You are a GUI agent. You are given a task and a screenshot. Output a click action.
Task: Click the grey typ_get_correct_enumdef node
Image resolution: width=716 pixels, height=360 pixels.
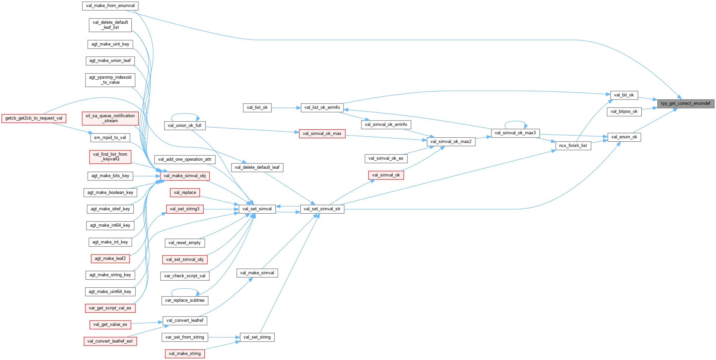pyautogui.click(x=685, y=103)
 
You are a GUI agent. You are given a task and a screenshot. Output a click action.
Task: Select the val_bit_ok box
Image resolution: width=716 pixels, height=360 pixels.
pyautogui.click(x=624, y=95)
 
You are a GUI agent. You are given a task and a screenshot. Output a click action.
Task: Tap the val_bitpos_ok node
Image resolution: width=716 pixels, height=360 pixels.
pyautogui.click(x=624, y=112)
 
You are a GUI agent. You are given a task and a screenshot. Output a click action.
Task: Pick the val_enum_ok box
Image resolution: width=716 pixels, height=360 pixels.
pyautogui.click(x=624, y=137)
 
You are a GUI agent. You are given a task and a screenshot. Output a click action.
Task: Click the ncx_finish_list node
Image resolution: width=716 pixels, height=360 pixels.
pyautogui.click(x=573, y=146)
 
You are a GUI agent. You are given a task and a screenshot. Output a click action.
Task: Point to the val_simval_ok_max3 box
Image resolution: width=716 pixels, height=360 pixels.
pyautogui.click(x=515, y=133)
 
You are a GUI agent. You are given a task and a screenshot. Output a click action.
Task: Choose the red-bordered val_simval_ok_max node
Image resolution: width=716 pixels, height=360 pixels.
pyautogui.click(x=322, y=134)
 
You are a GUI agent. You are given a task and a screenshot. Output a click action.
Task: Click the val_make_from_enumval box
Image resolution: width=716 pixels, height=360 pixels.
pyautogui.click(x=110, y=6)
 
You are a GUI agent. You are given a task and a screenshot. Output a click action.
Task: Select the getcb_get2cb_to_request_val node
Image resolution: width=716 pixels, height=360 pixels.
pyautogui.click(x=34, y=118)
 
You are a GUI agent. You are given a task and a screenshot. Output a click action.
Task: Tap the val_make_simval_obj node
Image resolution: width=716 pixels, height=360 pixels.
pyautogui.click(x=185, y=176)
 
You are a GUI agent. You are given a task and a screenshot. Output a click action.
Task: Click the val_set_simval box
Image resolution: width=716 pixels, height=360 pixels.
pyautogui.click(x=257, y=209)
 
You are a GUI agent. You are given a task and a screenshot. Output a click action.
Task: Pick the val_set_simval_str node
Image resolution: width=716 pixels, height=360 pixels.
pyautogui.click(x=322, y=209)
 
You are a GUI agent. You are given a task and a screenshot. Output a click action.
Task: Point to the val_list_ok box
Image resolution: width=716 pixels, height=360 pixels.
pyautogui.click(x=257, y=107)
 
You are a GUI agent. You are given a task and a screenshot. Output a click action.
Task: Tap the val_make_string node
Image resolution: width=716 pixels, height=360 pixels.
pyautogui.click(x=185, y=354)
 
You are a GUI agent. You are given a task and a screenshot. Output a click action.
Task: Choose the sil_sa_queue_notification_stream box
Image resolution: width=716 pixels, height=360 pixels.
pyautogui.click(x=110, y=119)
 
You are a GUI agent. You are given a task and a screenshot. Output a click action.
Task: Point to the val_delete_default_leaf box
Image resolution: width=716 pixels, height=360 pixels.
pyautogui.click(x=257, y=167)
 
